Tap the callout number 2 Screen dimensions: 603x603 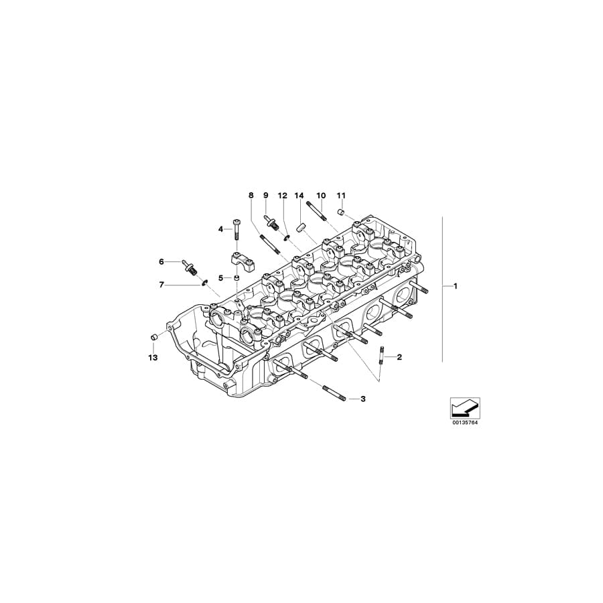tap(399, 357)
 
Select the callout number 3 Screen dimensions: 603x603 tap(362, 399)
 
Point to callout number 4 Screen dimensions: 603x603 tap(220, 229)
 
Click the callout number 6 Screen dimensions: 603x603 tap(161, 261)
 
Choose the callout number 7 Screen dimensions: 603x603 tap(161, 285)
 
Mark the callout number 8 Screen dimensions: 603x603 tap(251, 196)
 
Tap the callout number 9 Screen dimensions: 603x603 tap(265, 196)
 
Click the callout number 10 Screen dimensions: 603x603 tap(321, 196)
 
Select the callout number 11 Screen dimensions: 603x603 tap(341, 196)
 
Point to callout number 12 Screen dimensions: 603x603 tap(282, 196)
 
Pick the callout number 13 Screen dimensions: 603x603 tap(152, 358)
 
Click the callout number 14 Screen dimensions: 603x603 tap(299, 196)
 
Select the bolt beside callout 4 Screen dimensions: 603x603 tap(236, 229)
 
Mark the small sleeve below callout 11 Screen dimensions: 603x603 tap(341, 212)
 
